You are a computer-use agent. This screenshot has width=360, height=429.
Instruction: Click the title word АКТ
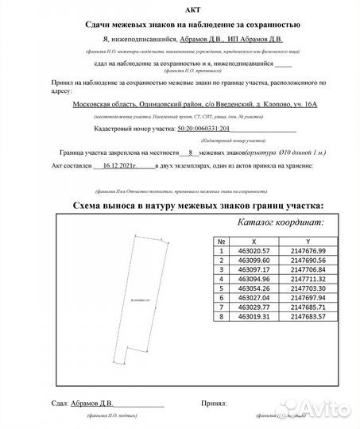click(x=180, y=10)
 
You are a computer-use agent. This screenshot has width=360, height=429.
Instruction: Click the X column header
click(x=254, y=240)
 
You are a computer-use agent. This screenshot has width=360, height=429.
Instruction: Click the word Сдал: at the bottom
click(x=48, y=404)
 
